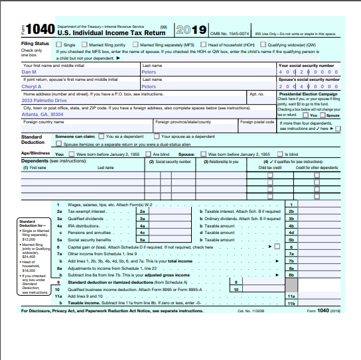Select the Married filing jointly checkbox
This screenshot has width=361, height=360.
(85, 44)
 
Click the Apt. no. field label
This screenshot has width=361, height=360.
(255, 93)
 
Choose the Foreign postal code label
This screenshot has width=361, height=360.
(257, 122)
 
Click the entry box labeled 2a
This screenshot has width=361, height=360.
(142, 211)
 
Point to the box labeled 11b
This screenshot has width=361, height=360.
(291, 302)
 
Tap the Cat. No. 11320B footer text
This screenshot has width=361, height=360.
(250, 310)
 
